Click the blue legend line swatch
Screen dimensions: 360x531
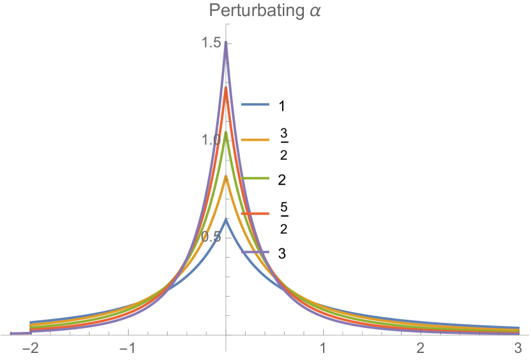255,104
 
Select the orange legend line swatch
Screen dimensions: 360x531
255,140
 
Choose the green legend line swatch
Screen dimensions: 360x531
255,178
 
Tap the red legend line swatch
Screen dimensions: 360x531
255,214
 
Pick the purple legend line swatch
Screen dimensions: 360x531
255,252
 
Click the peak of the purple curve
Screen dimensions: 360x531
226,43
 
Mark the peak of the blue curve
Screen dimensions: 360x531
226,219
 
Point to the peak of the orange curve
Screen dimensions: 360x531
226,177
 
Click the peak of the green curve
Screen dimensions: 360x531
226,133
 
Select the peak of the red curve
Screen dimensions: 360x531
226,88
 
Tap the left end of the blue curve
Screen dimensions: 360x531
31,322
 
